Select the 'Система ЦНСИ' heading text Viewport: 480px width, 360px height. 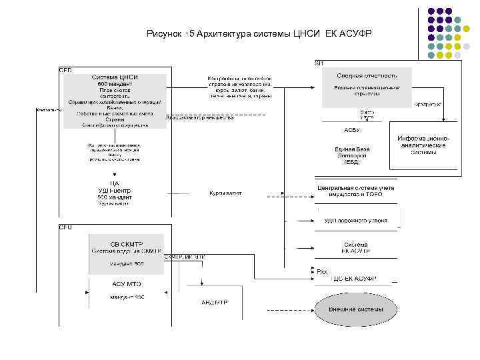[115, 78]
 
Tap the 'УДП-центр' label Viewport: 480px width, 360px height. [115, 190]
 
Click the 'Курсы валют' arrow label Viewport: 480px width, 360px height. [225, 194]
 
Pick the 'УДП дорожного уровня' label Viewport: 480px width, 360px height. [355, 220]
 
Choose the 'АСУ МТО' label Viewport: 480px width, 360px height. [127, 283]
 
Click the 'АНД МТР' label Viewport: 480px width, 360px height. [215, 302]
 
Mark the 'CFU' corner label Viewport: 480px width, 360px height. [65, 227]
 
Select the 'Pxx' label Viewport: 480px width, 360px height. [323, 271]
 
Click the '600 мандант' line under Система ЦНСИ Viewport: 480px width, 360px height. [115, 84]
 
